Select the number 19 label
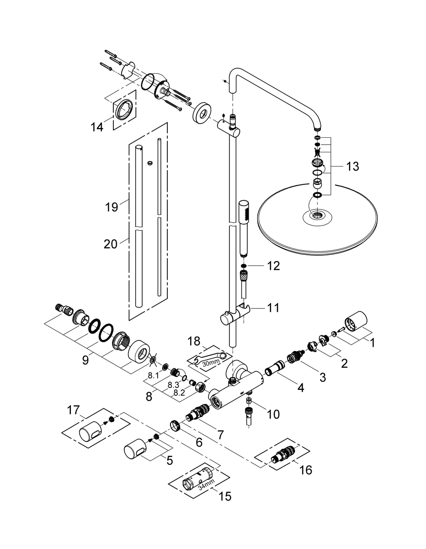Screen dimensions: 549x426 (x=110, y=207)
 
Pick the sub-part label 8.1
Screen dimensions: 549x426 (x=153, y=375)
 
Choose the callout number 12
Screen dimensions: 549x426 (x=274, y=266)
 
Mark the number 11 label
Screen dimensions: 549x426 (x=272, y=308)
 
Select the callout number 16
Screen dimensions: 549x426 (x=305, y=469)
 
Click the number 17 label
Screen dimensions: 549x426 (x=74, y=410)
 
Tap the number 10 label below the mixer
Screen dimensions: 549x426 (x=272, y=414)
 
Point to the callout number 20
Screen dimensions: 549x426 (x=110, y=244)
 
